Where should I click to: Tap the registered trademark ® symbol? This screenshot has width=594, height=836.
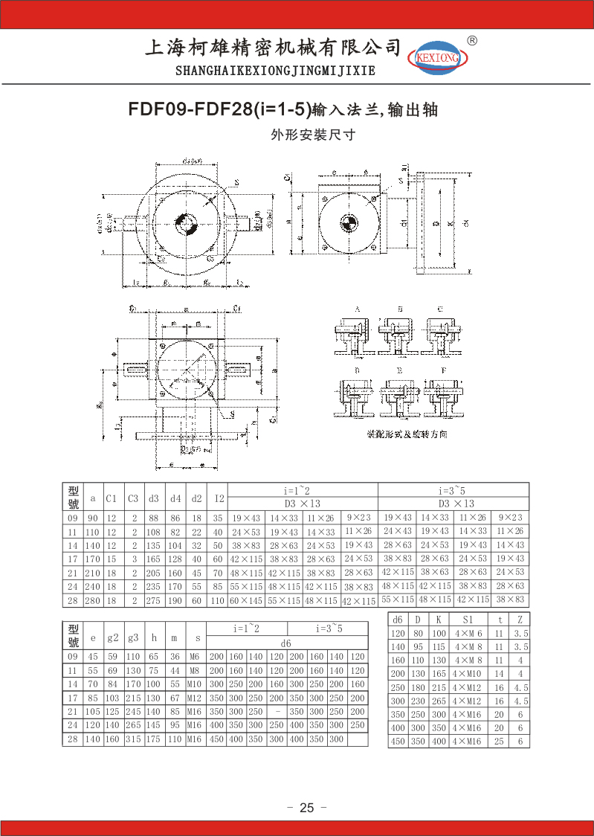(x=471, y=41)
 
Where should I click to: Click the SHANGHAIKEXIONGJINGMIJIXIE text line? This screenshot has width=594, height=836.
(x=275, y=71)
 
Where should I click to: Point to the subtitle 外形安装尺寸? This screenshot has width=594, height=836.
(x=312, y=135)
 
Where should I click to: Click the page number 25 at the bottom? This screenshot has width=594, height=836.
(x=307, y=808)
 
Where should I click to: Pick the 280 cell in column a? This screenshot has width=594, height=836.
(x=93, y=600)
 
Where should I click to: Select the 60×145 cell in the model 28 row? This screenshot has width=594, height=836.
(x=246, y=600)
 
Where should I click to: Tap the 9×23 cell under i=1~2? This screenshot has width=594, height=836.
(x=359, y=518)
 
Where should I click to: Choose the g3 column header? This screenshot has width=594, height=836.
(x=133, y=637)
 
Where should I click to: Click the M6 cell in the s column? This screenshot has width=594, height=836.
(x=195, y=657)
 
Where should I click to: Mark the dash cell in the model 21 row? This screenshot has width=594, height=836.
(x=277, y=712)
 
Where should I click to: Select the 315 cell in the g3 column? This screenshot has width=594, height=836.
(x=133, y=739)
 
